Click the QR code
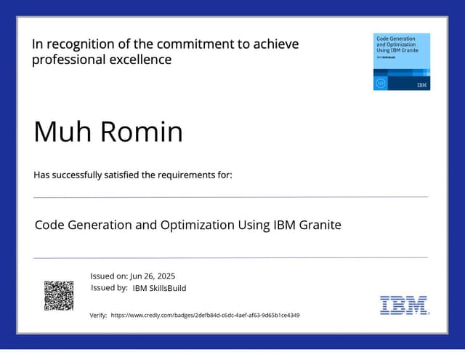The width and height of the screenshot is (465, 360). (59, 295)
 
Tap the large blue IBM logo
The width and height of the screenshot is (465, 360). (404, 305)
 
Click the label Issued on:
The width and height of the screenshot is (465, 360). (109, 276)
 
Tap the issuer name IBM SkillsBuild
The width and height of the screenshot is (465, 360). (159, 288)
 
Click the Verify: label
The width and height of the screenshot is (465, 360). (98, 316)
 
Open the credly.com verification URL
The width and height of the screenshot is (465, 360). (205, 316)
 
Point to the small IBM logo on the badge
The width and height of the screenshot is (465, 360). (422, 85)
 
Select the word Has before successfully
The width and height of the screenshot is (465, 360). (43, 175)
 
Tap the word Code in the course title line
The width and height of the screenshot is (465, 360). (49, 225)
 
